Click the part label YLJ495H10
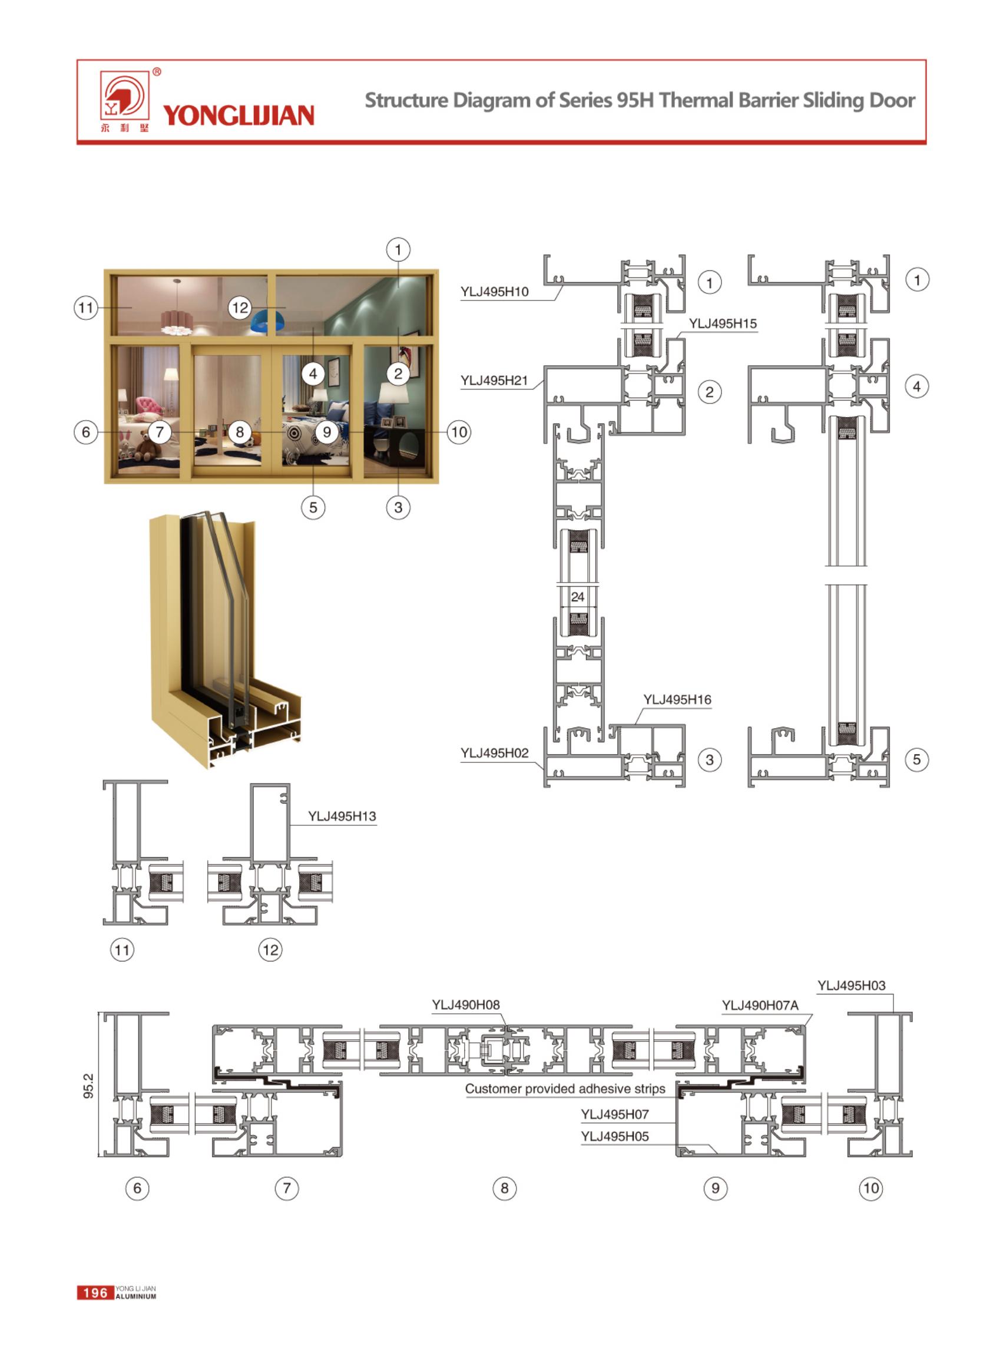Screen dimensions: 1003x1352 pyautogui.click(x=494, y=292)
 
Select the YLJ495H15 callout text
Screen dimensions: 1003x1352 pyautogui.click(x=723, y=324)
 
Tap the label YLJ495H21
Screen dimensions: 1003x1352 pyautogui.click(x=494, y=381)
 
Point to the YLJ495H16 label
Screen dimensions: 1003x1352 pyautogui.click(x=677, y=700)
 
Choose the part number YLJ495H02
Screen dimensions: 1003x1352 pyautogui.click(x=494, y=753)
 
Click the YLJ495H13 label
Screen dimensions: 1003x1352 pyautogui.click(x=342, y=817)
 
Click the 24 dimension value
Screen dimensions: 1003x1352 pyautogui.click(x=577, y=597)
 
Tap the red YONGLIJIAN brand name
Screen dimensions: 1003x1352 pyautogui.click(x=239, y=115)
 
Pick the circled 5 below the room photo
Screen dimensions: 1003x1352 pyautogui.click(x=313, y=507)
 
